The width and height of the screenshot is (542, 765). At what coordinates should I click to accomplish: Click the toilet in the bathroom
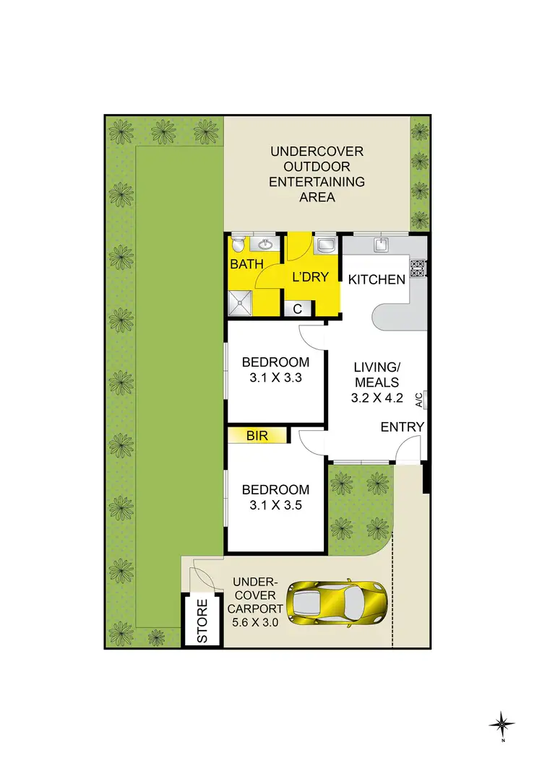(238, 244)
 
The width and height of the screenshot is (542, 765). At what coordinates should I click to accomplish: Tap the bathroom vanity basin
(265, 243)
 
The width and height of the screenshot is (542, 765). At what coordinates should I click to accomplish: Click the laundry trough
(325, 245)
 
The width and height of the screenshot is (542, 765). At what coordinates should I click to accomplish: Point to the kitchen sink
(381, 245)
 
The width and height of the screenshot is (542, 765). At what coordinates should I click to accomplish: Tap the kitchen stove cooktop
(418, 268)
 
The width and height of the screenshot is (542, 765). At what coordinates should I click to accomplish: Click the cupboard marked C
(297, 309)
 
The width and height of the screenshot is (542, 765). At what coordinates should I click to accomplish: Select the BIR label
(257, 436)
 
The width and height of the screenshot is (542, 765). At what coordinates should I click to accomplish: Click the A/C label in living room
(419, 398)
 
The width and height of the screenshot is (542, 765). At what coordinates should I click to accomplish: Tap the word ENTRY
(403, 427)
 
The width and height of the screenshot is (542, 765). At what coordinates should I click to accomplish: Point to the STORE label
(202, 620)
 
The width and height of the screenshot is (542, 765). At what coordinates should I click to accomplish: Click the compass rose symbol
(502, 722)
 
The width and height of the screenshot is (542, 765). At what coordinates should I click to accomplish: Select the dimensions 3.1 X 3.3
(275, 377)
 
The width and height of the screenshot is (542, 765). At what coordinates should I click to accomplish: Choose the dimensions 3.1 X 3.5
(275, 505)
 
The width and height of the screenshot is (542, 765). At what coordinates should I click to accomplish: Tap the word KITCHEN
(377, 279)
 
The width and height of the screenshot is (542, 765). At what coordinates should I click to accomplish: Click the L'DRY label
(311, 276)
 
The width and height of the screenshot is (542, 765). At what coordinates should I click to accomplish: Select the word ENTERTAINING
(317, 181)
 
